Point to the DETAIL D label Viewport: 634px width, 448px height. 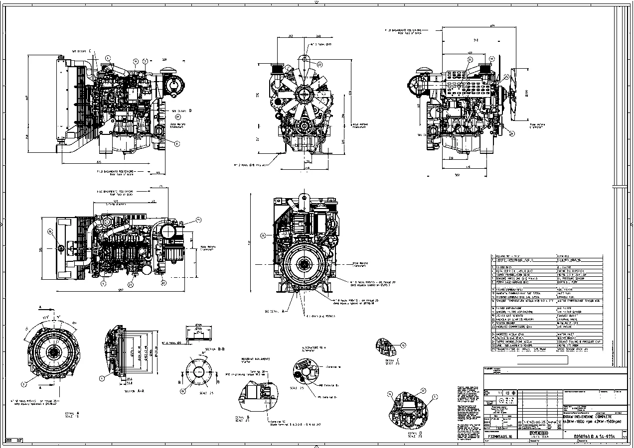point(404,435)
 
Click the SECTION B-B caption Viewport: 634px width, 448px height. point(215,349)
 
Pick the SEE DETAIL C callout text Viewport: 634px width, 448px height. point(81,51)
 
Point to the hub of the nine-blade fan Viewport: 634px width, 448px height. point(303,93)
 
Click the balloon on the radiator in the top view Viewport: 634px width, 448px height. point(50,231)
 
